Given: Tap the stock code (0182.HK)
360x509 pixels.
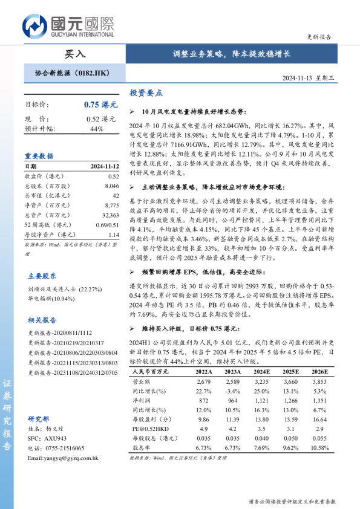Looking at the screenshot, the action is pyautogui.click(x=95, y=73).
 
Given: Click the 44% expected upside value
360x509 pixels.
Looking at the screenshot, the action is pyautogui.click(x=97, y=129).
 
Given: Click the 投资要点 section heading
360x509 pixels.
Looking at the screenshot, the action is pyautogui.click(x=146, y=94).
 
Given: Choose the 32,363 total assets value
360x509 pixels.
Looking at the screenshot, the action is pyautogui.click(x=111, y=215).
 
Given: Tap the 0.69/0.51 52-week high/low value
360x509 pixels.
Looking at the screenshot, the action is pyautogui.click(x=108, y=224).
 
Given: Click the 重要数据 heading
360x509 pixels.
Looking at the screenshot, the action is pyautogui.click(x=39, y=155).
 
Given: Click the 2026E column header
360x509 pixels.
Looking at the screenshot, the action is pyautogui.click(x=320, y=371).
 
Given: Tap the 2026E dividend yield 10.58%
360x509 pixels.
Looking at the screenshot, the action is pyautogui.click(x=320, y=448).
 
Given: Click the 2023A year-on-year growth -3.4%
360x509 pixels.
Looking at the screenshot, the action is pyautogui.click(x=233, y=391).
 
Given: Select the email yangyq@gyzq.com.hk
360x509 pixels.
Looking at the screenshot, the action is pyautogui.click(x=63, y=458).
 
